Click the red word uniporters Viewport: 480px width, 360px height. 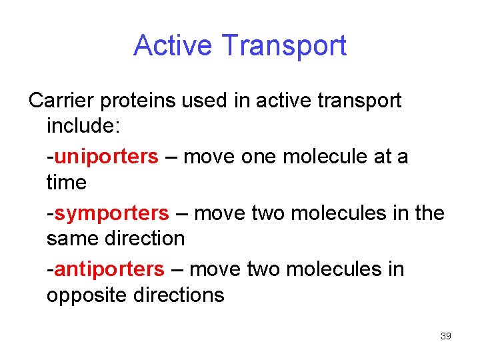106,157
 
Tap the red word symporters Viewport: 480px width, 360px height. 111,213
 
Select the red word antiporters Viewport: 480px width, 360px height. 109,269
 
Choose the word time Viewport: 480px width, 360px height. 67,182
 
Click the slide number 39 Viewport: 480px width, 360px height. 446,336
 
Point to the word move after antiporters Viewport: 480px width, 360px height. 216,269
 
